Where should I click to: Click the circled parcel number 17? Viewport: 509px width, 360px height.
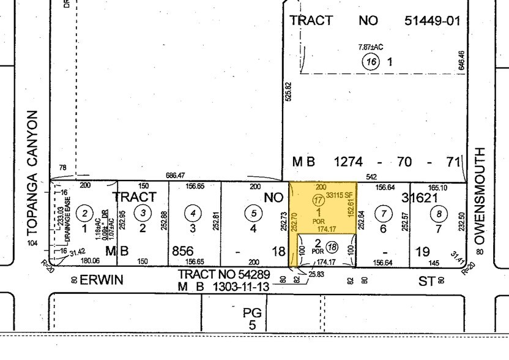coord(318,200)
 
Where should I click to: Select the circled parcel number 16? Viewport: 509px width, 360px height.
coord(371,61)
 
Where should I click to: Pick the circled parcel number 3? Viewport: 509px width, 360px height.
coord(143,212)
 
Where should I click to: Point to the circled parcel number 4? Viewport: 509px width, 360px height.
coord(193,213)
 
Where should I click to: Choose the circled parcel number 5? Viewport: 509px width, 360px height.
coord(253,213)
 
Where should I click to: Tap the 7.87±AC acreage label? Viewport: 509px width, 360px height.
coord(370,47)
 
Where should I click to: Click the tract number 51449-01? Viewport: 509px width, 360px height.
coord(431,20)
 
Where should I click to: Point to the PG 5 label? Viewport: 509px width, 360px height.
coord(252,318)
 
